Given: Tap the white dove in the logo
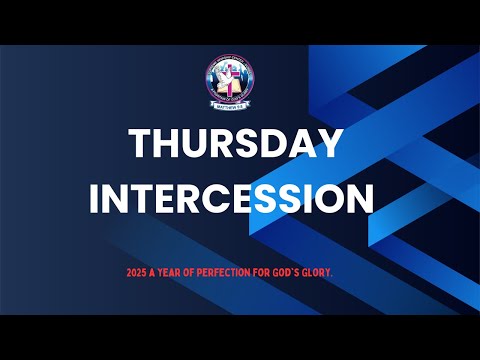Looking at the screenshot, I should pyautogui.click(x=222, y=76).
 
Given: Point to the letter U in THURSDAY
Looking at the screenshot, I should pyautogui.click(x=197, y=145).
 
